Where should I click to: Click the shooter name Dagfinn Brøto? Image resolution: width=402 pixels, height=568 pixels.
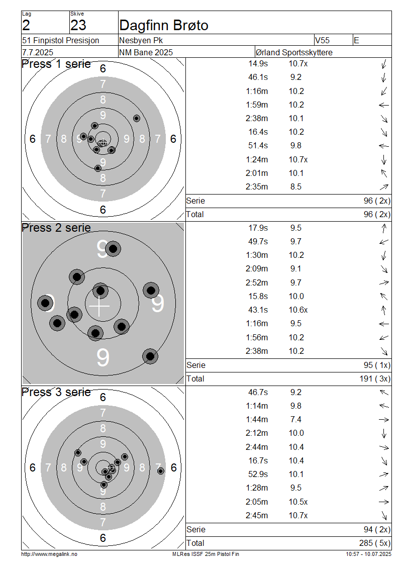pos(164,25)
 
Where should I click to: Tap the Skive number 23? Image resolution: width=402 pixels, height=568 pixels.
pos(78,25)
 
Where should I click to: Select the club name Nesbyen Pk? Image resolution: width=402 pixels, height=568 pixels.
pos(141,40)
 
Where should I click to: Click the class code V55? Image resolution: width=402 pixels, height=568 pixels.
pos(322,40)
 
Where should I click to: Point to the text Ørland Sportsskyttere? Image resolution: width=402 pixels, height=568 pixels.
pos(294,52)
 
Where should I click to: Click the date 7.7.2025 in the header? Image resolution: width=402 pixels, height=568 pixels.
pos(38,52)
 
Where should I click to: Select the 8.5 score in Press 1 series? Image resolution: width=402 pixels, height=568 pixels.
pos(296,187)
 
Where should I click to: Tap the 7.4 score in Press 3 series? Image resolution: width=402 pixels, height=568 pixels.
pos(296,420)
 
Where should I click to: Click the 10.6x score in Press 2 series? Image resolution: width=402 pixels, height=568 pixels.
pos(298,310)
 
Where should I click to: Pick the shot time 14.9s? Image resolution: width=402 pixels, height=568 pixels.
pos(258,64)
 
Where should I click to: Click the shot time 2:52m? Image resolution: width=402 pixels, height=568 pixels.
pos(257,282)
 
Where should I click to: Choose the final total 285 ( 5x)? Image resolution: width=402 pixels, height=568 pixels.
pos(375,543)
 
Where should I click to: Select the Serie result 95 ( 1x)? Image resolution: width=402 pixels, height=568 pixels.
pos(377,365)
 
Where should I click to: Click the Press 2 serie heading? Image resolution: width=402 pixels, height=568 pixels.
pos(56,228)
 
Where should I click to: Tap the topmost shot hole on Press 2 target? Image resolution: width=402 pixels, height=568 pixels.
pos(113,249)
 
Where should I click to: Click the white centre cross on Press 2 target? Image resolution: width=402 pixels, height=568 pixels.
pos(99,307)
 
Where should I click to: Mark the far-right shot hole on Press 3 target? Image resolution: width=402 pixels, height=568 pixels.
pos(161,471)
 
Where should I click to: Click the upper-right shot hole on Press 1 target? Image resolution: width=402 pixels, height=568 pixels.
pos(137,118)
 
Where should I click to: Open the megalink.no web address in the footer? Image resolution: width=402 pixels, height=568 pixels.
pos(49,554)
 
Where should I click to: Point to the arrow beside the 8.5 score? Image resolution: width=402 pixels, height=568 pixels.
pos(384,187)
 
